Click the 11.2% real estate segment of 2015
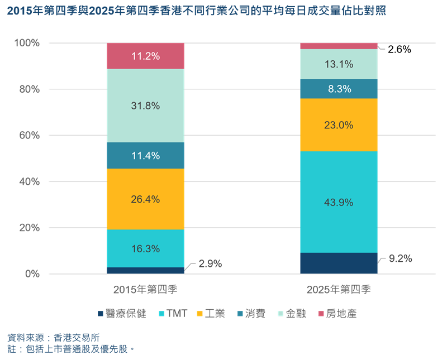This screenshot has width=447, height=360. click(x=145, y=56)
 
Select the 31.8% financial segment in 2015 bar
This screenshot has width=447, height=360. click(x=145, y=105)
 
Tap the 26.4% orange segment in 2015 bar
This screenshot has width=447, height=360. click(x=145, y=199)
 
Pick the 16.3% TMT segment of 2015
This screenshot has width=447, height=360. click(x=145, y=248)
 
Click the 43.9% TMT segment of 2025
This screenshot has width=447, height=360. click(x=339, y=202)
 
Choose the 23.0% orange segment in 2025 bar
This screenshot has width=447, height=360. click(x=339, y=125)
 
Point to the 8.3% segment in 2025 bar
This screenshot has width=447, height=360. click(x=339, y=89)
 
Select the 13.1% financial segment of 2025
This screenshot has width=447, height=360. click(x=339, y=64)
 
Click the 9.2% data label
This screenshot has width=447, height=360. click(x=400, y=258)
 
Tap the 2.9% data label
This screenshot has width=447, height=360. click(x=208, y=263)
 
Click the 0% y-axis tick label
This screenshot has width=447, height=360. click(x=32, y=274)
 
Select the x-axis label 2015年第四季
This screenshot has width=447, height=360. click(x=145, y=290)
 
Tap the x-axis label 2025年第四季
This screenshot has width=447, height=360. click(x=339, y=290)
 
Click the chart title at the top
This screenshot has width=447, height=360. click(x=196, y=11)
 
